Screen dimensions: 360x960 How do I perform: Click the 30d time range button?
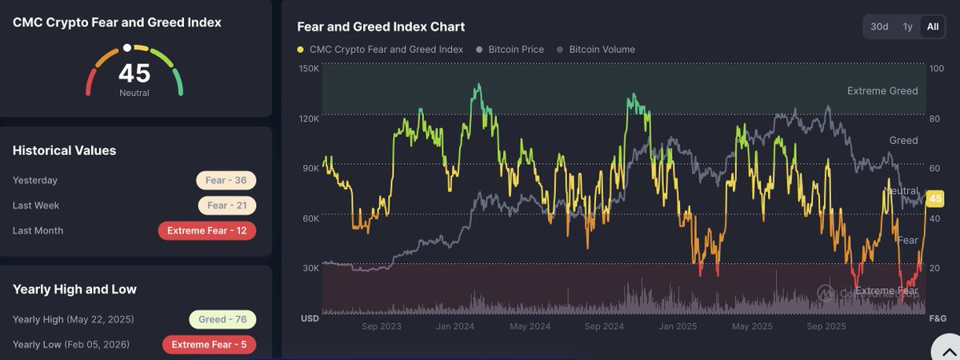click(879, 26)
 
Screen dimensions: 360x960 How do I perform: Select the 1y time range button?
click(907, 26)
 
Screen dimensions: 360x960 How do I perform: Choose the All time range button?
click(932, 26)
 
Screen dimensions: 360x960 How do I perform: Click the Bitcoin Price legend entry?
click(510, 50)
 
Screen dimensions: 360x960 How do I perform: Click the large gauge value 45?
click(134, 74)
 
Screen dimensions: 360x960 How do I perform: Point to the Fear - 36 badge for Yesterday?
click(226, 180)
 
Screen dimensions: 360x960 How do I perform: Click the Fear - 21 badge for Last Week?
click(226, 206)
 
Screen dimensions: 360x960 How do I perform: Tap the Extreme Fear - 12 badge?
click(207, 230)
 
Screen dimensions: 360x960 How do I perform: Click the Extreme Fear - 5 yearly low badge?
click(210, 345)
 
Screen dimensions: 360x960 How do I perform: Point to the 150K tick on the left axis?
click(309, 69)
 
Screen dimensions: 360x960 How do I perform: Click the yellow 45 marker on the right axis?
click(934, 199)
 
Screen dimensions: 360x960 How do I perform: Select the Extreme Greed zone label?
click(882, 91)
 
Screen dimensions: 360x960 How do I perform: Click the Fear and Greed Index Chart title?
click(381, 27)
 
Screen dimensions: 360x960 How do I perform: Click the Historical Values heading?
click(64, 150)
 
